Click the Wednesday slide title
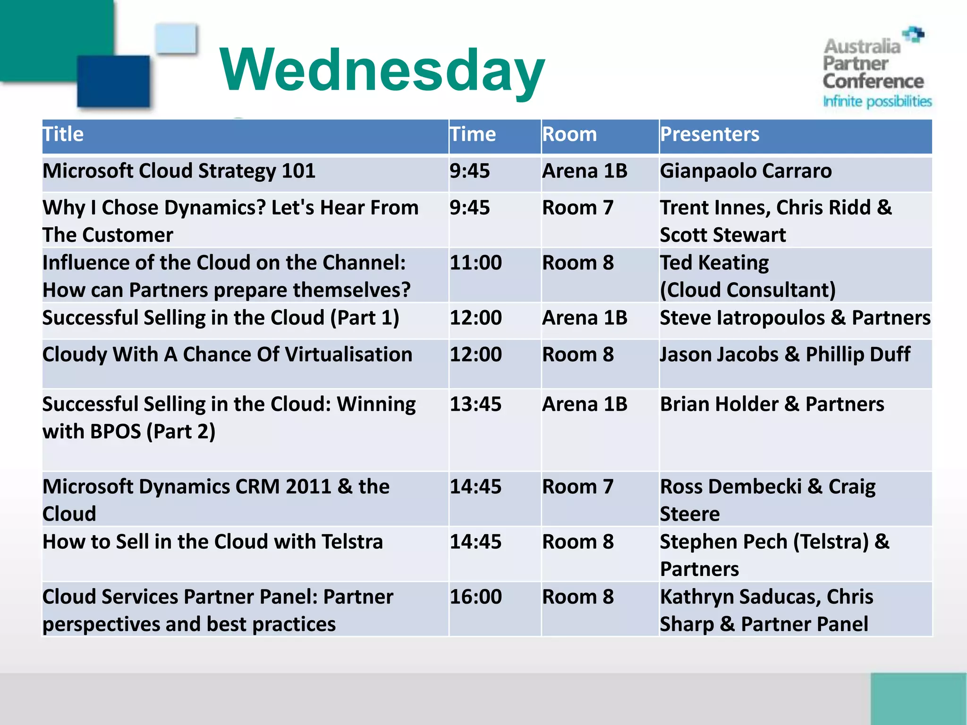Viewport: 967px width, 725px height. [382, 71]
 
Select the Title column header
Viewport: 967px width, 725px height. [63, 135]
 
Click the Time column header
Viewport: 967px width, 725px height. [473, 135]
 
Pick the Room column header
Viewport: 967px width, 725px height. [569, 135]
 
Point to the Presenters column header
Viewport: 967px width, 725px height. [710, 135]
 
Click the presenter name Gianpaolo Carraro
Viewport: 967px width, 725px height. [746, 171]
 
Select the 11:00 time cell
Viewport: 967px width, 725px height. [475, 263]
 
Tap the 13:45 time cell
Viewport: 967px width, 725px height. [475, 405]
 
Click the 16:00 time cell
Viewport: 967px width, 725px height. [475, 597]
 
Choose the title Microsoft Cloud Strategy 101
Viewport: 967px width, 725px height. [179, 171]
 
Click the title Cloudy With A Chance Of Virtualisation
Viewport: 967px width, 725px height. [227, 354]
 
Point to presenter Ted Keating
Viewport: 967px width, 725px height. [714, 263]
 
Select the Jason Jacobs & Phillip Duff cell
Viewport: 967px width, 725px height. [785, 354]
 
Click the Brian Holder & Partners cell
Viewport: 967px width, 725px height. [772, 405]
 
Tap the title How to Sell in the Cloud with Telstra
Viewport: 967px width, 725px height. [212, 542]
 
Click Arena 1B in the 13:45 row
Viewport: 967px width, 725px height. [585, 405]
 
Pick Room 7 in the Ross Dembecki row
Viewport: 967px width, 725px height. [577, 487]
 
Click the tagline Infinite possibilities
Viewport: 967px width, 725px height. [877, 101]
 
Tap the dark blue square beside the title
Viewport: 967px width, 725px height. [113, 81]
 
